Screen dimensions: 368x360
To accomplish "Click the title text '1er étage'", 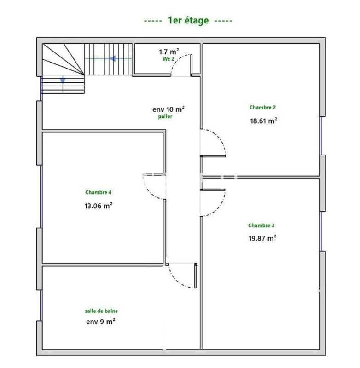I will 188,20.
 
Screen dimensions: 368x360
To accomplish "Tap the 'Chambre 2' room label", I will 263,107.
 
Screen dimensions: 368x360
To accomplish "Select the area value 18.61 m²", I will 263,121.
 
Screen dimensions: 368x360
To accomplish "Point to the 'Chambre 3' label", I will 261,225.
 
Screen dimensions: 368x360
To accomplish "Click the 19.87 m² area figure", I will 262,238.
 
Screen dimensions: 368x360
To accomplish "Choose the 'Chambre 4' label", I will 99,192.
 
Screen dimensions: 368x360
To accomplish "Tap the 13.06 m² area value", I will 99,206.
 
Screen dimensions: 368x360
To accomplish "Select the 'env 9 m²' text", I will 100,322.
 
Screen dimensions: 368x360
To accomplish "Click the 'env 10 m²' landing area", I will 168,109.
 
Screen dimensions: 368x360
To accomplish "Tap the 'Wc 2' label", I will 168,59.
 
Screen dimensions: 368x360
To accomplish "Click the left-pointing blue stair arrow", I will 112,58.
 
